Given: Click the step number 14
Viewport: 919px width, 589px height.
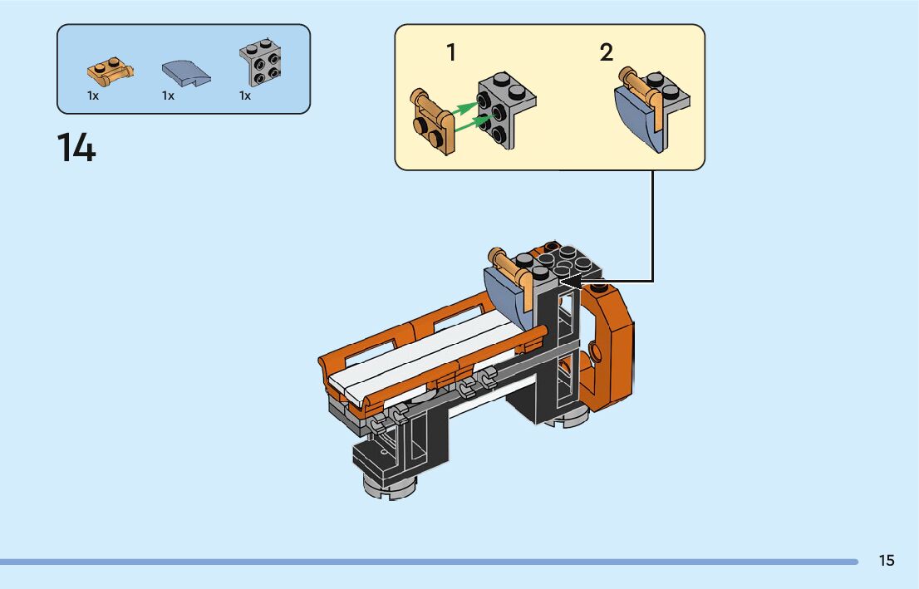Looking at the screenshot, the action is [76, 148].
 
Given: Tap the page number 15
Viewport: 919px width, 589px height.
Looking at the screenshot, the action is [887, 561].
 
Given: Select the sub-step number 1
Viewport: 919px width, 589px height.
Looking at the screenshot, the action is [451, 53].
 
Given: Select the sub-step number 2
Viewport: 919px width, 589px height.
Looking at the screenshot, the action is [607, 53].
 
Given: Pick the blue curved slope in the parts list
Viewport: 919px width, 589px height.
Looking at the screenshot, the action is [186, 73].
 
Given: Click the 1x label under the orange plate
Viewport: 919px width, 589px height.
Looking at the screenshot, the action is [93, 96].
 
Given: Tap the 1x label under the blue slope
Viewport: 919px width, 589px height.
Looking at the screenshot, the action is [169, 96].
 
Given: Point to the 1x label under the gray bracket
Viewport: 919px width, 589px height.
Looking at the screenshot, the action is [245, 96].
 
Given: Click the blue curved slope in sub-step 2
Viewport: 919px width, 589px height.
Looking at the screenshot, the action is [636, 120].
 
